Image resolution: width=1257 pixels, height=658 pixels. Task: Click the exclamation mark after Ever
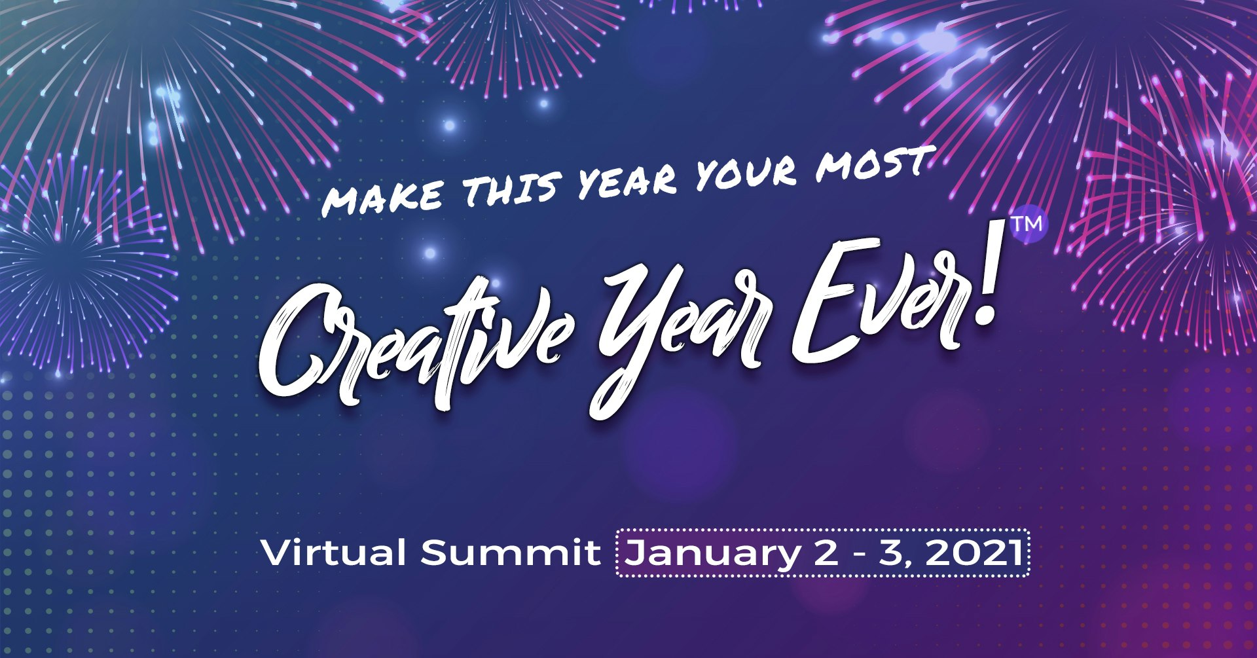coord(982,288)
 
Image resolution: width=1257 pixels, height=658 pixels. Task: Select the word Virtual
coord(333,553)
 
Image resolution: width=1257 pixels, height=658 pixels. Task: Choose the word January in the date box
coord(711,554)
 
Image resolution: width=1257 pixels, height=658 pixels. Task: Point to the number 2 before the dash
coord(826,553)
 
